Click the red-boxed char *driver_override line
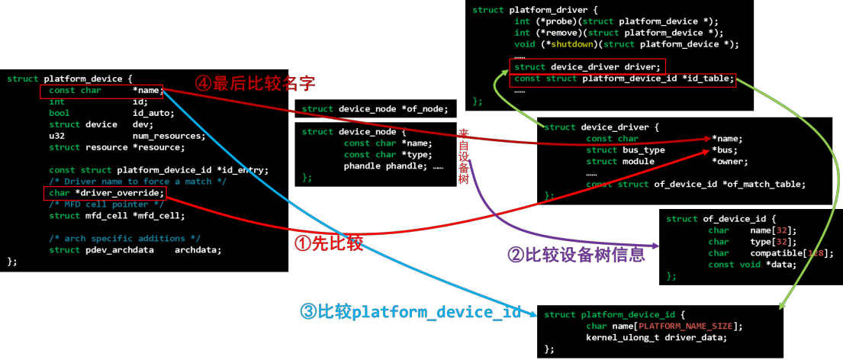pos(102,192)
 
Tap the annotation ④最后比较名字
pos(256,82)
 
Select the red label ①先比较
pos(328,242)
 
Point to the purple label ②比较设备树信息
pos(576,255)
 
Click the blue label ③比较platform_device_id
pos(411,312)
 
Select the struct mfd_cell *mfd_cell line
pos(107,215)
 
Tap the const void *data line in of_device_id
pos(751,264)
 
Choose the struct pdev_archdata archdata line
pos(135,249)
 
